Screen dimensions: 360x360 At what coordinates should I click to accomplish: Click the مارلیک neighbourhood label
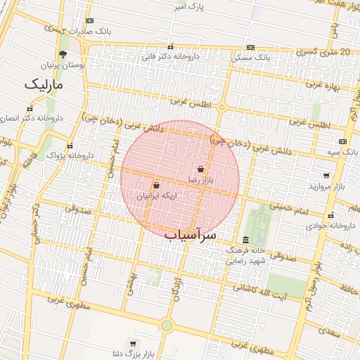coord(44,84)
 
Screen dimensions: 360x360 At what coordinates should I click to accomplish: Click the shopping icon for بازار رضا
coord(201,169)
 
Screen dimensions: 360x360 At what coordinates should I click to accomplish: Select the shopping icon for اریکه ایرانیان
coord(156,186)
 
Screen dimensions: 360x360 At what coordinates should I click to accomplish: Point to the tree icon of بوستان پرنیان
coord(63,54)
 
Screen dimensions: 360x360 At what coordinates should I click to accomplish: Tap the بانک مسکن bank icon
coord(261,56)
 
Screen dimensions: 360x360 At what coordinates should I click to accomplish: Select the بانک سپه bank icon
coord(342,141)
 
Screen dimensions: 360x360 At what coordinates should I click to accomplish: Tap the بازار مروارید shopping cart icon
coord(327,175)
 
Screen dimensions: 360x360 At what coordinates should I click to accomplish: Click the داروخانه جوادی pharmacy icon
coord(331,215)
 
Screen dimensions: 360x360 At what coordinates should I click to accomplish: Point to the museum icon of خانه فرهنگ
coord(245,240)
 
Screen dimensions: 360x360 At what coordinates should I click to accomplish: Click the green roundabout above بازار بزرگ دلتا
coord(167,325)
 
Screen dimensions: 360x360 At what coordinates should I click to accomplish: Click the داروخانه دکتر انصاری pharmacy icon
coord(30,109)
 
